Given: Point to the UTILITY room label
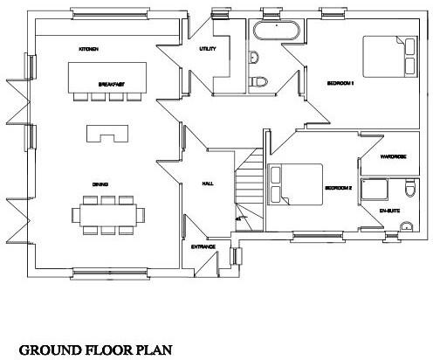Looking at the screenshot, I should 208,49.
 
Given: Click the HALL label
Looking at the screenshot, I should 208,183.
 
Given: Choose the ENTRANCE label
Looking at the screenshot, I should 203,247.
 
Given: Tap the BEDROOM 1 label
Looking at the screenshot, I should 340,84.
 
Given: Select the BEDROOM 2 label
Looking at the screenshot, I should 339,188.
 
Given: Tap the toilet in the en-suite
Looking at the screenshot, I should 412,190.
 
